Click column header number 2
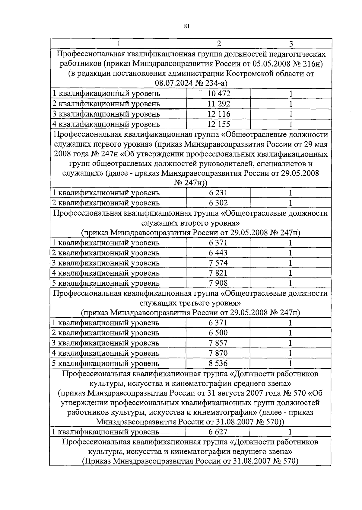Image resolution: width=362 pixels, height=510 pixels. coord(219,43)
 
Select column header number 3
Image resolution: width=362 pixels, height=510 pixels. coord(291,44)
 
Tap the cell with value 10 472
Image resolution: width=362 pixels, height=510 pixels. coord(219,94)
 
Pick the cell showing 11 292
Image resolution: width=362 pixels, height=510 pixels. coord(219,104)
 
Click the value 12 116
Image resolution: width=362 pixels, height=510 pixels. coord(219,114)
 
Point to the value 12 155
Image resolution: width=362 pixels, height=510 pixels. coord(219,124)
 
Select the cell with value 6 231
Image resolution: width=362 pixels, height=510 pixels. coord(218,193)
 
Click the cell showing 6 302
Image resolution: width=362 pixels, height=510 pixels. coord(218,203)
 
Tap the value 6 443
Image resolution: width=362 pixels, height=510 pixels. coord(218,253)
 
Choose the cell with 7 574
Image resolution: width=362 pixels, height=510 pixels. coord(218,263)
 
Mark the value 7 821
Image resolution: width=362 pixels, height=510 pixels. coord(218,273)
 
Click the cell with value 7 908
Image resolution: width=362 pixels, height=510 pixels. coord(218,283)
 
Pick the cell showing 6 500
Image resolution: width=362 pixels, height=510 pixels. coord(218,333)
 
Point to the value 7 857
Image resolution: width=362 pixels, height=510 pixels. coord(218,343)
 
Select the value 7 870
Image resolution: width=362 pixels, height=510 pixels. coord(218,353)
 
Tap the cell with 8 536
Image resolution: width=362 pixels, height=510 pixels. coord(218,363)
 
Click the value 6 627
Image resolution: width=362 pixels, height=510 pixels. coord(218,432)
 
